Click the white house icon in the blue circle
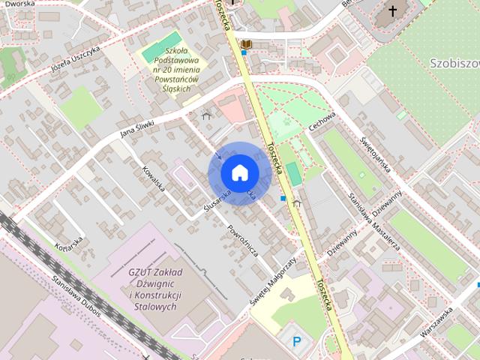tap(238, 173)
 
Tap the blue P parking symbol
tap(297, 342)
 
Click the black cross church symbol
tap(391, 11)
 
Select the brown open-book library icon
tap(246, 44)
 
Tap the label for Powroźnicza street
tap(243, 240)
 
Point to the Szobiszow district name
tap(454, 64)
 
